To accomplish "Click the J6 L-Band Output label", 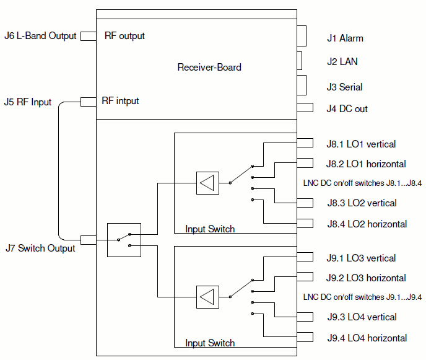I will coord(40,36).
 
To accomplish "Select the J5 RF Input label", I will coord(27,102).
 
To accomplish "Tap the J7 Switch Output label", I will coord(40,248).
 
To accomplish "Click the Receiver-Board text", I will coord(209,68).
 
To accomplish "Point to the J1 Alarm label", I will coord(345,38).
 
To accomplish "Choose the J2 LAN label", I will coord(342,62).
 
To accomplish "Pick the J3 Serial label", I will coord(344,87).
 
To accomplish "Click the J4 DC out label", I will coord(347,109).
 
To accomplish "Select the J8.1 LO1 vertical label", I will coord(361,144).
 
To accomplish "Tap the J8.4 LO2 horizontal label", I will coord(367,224).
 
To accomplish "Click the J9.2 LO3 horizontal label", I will coord(367,278).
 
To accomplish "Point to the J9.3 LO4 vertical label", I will coord(362,317).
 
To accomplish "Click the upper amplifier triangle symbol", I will coord(207,183).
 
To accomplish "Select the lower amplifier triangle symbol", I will coord(207,297).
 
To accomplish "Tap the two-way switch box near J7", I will coord(124,240).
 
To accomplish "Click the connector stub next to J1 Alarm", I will coord(302,36).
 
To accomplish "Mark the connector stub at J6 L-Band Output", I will coord(88,36).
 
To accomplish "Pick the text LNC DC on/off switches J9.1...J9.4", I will coord(362,297).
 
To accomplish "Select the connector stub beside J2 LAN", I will coord(300,60).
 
